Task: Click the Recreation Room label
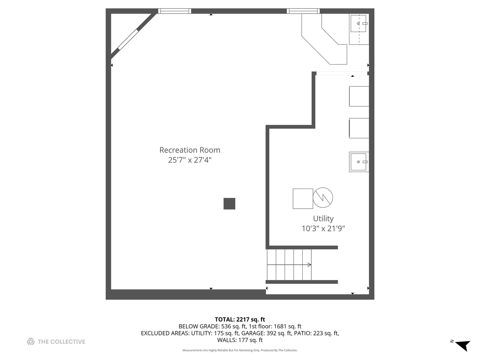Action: click(x=190, y=150)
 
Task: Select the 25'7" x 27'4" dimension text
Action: click(x=190, y=160)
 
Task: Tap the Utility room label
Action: click(x=323, y=219)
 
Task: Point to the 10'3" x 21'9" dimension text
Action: click(x=323, y=229)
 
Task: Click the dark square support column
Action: click(x=229, y=204)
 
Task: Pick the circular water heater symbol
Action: click(x=323, y=198)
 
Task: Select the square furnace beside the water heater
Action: click(x=303, y=199)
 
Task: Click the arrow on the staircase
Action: click(x=309, y=265)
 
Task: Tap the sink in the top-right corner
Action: click(x=359, y=24)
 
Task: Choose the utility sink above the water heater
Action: click(x=359, y=162)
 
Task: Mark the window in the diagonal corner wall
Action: click(x=128, y=40)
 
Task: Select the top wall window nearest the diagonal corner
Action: click(x=174, y=11)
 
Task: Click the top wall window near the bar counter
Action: click(x=303, y=11)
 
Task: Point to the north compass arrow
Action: click(x=463, y=345)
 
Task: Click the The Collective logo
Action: click(x=56, y=342)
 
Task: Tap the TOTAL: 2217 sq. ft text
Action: click(x=240, y=319)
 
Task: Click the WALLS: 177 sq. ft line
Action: click(x=240, y=340)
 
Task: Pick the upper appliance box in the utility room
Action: click(x=359, y=96)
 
